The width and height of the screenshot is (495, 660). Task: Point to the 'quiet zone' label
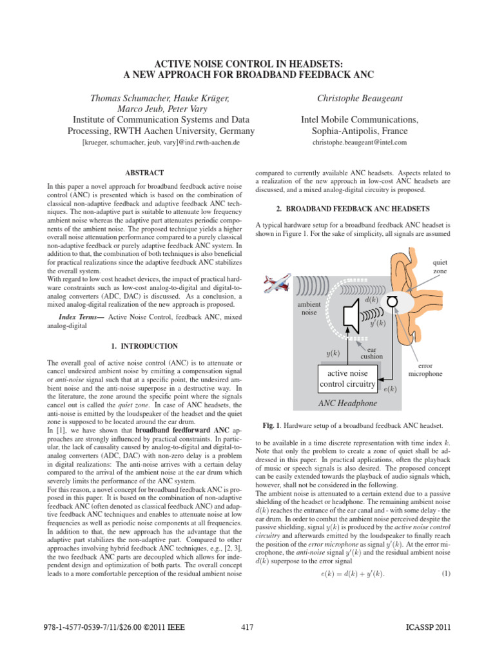pos(440,267)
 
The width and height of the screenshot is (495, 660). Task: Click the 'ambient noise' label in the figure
pos(309,307)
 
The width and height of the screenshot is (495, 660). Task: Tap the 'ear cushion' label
pos(371,352)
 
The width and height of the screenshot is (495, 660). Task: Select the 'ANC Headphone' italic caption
pos(344,403)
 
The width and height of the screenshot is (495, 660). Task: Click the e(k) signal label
pos(390,389)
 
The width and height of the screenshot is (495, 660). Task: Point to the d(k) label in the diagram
pos(371,300)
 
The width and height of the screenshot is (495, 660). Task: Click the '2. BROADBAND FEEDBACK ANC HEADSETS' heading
pos(353,209)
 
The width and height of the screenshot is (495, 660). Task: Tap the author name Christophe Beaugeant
pos(351,97)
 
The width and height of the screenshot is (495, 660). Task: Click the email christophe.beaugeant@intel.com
pos(351,142)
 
